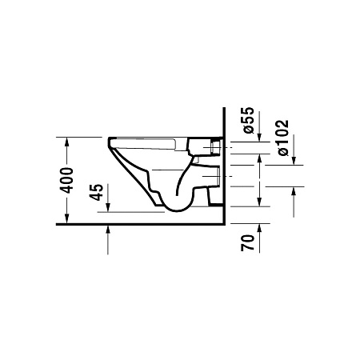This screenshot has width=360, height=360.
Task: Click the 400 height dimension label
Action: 66,180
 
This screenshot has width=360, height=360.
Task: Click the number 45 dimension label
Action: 97,192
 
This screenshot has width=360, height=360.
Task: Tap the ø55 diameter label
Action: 248,120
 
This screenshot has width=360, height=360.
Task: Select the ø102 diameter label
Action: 283,138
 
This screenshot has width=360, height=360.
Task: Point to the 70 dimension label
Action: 248,242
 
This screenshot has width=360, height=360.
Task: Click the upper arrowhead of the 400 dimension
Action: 66,142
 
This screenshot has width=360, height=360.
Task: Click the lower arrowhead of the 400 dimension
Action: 66,218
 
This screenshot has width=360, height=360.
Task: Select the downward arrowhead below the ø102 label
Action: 294,161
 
